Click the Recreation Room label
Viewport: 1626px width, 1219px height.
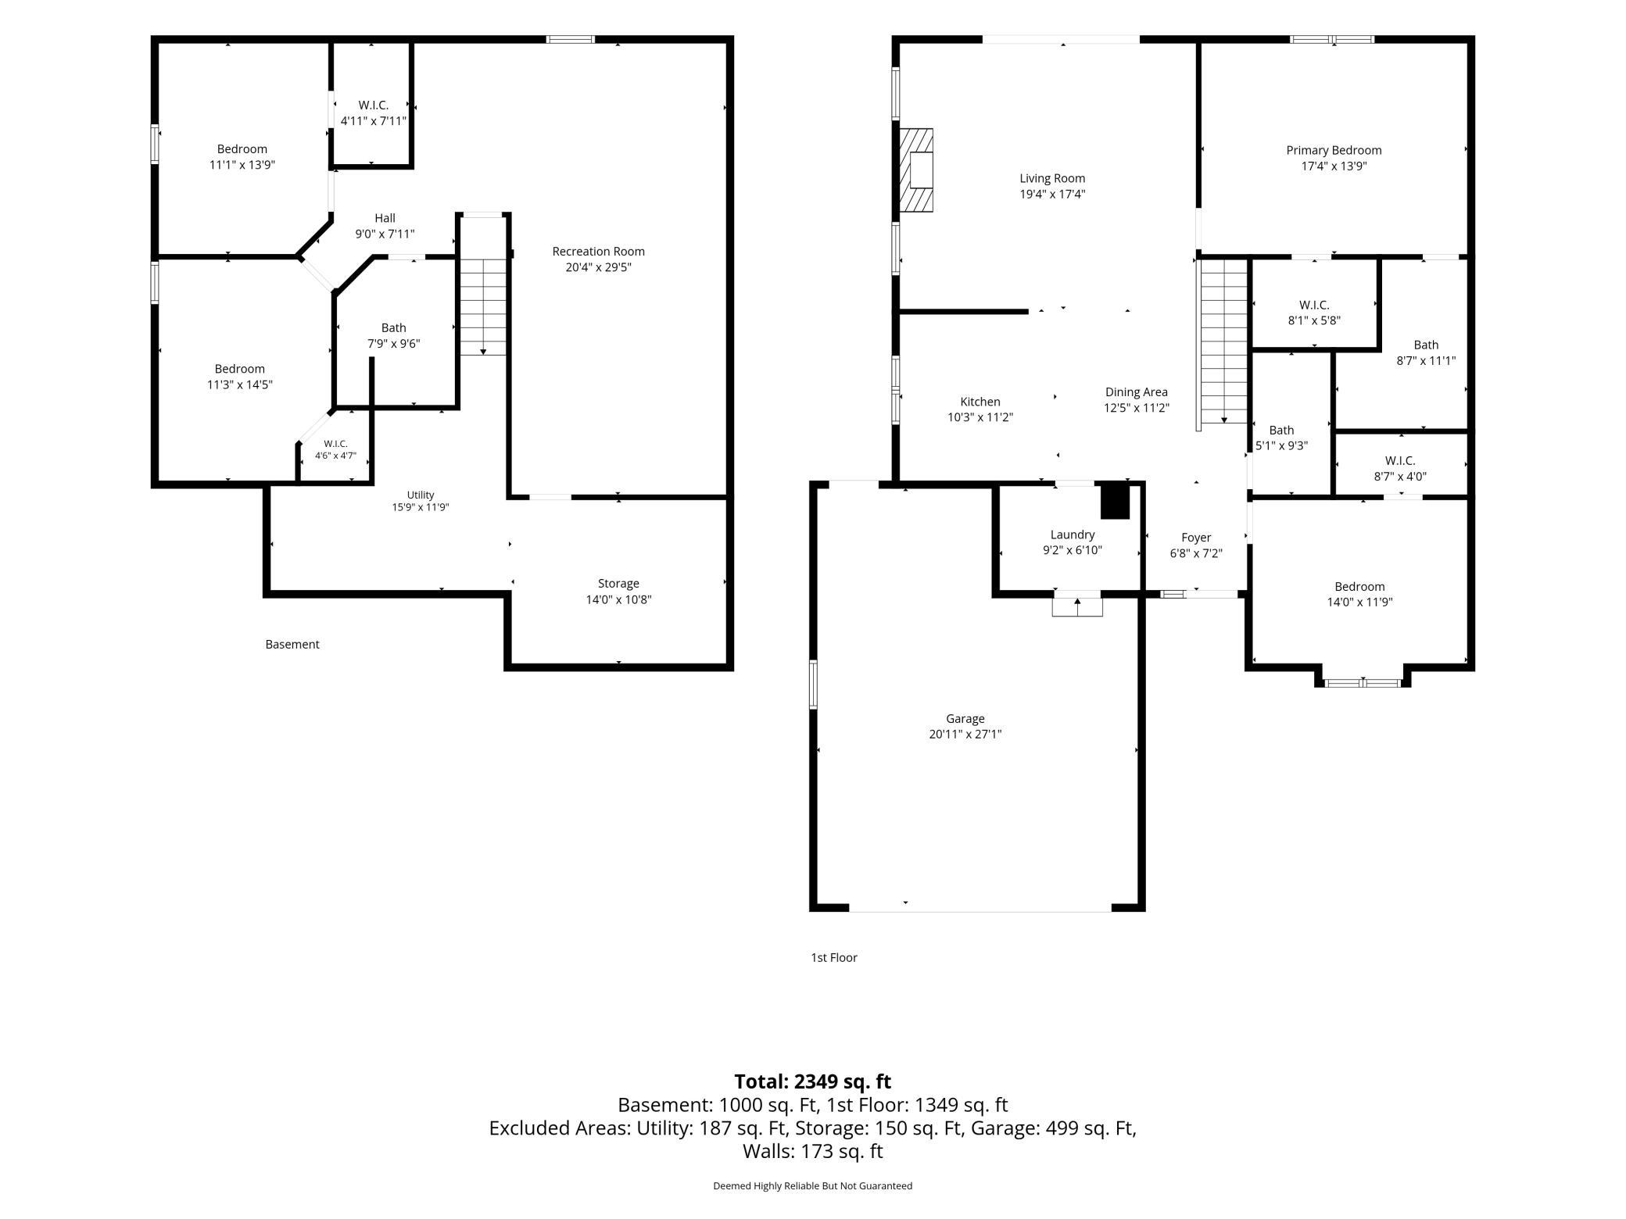point(598,252)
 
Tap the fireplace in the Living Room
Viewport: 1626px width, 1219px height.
point(916,170)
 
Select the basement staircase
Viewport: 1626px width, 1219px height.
point(483,307)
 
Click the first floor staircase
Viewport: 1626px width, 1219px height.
point(1223,341)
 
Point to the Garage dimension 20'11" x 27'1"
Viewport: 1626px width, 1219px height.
point(965,735)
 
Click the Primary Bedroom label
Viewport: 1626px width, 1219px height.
point(1334,150)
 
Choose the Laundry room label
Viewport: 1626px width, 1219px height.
point(1072,534)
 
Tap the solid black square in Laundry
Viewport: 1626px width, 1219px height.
point(1115,502)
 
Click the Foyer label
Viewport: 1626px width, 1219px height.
point(1196,538)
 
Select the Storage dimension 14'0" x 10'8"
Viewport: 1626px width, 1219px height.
point(618,600)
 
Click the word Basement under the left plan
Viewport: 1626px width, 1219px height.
point(292,645)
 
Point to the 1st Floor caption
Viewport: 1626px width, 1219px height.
point(834,958)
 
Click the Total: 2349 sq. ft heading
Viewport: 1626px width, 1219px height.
point(813,1081)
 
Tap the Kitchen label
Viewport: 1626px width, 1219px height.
point(980,402)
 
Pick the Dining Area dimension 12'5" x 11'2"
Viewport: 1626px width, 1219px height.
point(1137,408)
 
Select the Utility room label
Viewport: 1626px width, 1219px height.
point(421,495)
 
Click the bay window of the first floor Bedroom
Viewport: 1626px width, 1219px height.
point(1363,682)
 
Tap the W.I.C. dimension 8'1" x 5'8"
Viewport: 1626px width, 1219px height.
point(1314,320)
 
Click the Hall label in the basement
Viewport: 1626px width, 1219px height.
point(385,218)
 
